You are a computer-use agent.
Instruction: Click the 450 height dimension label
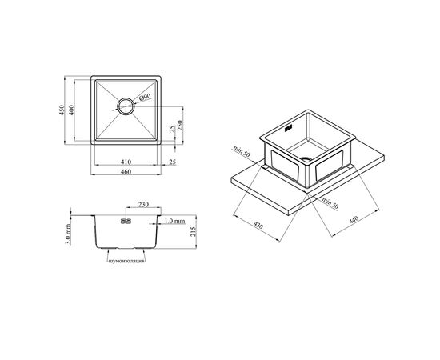62,110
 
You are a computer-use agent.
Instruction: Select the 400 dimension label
71,110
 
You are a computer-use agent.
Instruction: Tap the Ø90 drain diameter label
145,98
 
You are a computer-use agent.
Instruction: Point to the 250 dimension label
180,125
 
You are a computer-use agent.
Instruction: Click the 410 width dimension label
126,162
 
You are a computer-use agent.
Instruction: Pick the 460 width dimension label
126,171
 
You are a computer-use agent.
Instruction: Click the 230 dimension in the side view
143,204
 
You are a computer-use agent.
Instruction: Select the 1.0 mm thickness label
174,221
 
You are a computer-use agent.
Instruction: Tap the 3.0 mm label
68,234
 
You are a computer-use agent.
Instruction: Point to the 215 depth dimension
194,231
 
